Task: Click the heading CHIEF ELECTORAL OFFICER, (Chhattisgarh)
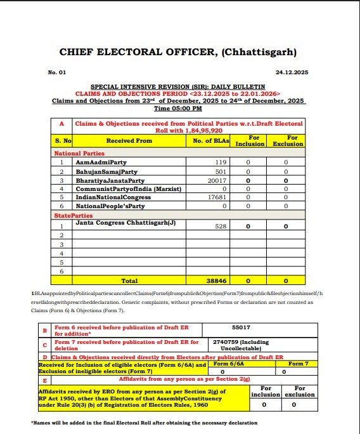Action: pos(177,52)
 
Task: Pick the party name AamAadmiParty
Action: pos(101,162)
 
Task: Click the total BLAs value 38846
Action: pos(218,279)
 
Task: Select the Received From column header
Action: pos(129,140)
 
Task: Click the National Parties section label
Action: pos(79,153)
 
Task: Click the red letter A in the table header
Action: pos(61,125)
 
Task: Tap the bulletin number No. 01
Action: pos(57,73)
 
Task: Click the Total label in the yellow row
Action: pos(129,279)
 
